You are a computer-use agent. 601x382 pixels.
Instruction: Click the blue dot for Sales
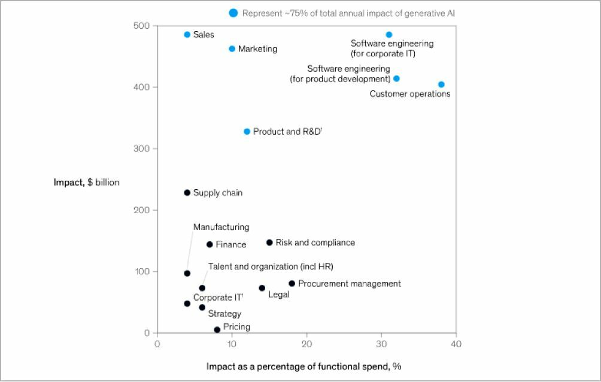pos(187,35)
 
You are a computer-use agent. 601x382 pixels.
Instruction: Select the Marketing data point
pos(232,48)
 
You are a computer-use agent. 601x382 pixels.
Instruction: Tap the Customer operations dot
pos(441,84)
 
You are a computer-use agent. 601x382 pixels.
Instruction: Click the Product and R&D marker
pos(247,131)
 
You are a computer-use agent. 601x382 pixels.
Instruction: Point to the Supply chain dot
pos(187,193)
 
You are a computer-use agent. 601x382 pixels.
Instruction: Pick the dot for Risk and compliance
pos(269,242)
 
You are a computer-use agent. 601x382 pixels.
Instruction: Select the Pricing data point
pos(217,330)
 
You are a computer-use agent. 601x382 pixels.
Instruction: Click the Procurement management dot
pos(292,283)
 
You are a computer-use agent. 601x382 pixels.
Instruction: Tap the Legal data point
pos(262,288)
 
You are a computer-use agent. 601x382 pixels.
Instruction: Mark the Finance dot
pos(210,244)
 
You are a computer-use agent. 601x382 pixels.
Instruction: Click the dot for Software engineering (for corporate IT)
pos(389,35)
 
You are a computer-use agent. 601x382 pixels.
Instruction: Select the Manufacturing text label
pos(221,227)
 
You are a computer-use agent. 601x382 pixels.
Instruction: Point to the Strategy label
pos(224,314)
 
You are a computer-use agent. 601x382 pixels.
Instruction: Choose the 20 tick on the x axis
pos(306,344)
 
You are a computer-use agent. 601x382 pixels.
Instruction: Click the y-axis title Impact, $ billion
pos(86,182)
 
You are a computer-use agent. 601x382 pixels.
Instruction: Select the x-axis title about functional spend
pos(308,366)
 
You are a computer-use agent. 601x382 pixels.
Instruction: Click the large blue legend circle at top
pos(233,13)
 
